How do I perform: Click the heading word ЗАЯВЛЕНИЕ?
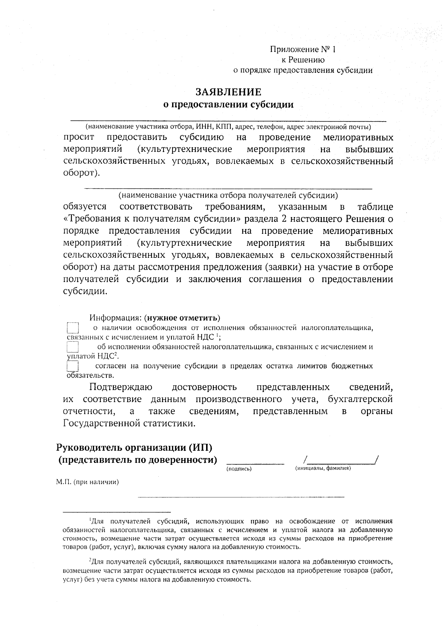pos(228,92)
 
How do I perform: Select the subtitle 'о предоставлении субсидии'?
pos(229,104)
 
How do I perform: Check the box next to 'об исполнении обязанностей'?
pos(72,347)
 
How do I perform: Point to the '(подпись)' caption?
pos(239,469)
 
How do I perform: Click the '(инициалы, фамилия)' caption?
pos(323,468)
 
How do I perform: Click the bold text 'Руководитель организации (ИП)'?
pos(137,447)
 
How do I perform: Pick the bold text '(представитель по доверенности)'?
pos(137,459)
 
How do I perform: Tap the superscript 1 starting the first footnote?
pos(90,520)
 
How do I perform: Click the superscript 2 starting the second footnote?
pos(90,561)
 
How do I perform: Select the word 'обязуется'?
pos(84,207)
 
